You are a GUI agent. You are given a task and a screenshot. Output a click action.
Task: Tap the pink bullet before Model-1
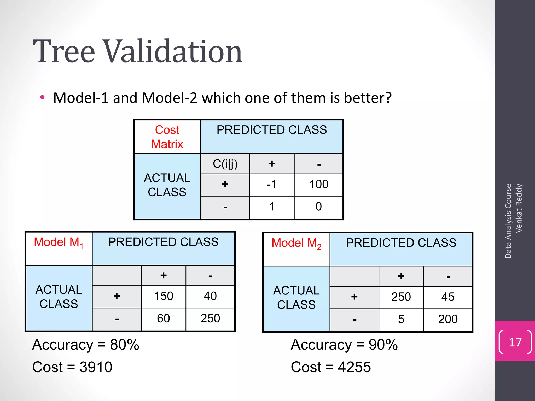pyautogui.click(x=42, y=98)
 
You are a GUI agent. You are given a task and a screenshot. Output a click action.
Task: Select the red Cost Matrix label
pyautogui.click(x=167, y=137)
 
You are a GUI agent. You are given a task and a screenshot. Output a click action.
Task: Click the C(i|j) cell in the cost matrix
pyautogui.click(x=225, y=164)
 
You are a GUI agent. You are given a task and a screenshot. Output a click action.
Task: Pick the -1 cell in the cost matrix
pyautogui.click(x=271, y=185)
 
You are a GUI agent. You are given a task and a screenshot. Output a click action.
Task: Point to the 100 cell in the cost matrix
pyautogui.click(x=318, y=185)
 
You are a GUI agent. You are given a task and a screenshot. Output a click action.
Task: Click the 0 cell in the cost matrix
pyautogui.click(x=318, y=207)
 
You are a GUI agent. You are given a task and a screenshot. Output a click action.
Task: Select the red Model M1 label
pyautogui.click(x=59, y=243)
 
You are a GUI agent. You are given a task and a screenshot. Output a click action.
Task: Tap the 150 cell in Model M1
pyautogui.click(x=164, y=296)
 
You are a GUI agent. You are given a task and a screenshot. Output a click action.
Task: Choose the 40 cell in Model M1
pyautogui.click(x=210, y=296)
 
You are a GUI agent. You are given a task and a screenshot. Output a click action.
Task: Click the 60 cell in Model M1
pyautogui.click(x=164, y=319)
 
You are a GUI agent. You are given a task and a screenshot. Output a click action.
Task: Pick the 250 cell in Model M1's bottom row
pyautogui.click(x=210, y=319)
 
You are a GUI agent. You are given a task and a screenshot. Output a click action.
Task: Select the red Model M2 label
pyautogui.click(x=296, y=243)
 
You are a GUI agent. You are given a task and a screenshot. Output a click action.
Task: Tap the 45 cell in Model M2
pyautogui.click(x=448, y=297)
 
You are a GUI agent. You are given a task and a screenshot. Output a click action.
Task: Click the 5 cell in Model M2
pyautogui.click(x=401, y=319)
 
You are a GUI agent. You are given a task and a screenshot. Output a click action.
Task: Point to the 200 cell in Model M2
pyautogui.click(x=448, y=319)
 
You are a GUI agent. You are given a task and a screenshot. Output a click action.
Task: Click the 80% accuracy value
pyautogui.click(x=124, y=345)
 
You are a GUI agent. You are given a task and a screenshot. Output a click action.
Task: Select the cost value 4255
pyautogui.click(x=354, y=367)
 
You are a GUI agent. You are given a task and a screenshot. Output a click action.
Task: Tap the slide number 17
pyautogui.click(x=515, y=342)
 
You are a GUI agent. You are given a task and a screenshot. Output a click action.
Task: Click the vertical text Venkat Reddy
pyautogui.click(x=519, y=208)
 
